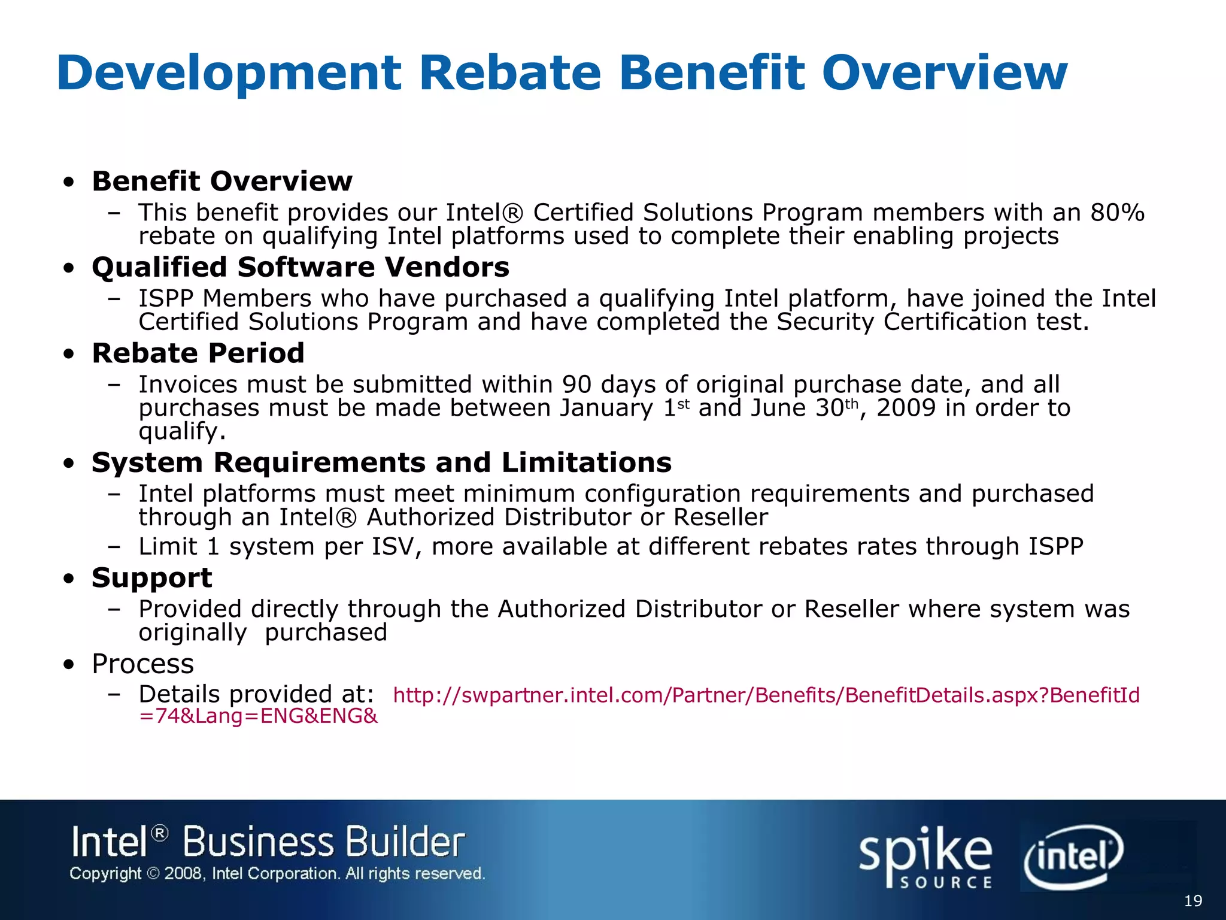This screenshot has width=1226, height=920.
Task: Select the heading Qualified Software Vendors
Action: pyautogui.click(x=301, y=267)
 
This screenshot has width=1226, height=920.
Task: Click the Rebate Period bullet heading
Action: pyautogui.click(x=198, y=353)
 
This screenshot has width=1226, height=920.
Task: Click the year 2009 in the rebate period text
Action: pyautogui.click(x=906, y=408)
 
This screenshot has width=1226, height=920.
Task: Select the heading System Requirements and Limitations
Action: pyautogui.click(x=381, y=462)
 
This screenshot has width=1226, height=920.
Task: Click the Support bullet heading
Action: pyautogui.click(x=152, y=578)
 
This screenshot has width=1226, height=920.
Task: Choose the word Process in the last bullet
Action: pyautogui.click(x=143, y=664)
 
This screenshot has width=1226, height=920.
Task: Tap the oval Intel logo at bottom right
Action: pyautogui.click(x=1073, y=857)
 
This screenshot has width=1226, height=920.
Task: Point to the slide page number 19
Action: pyautogui.click(x=1192, y=901)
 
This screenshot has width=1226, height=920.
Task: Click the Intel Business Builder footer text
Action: pyautogui.click(x=268, y=842)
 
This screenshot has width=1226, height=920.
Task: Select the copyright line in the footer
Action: pyautogui.click(x=277, y=874)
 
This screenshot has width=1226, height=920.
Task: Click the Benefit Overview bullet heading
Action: pyautogui.click(x=222, y=181)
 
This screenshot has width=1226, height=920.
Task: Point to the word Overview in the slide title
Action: pyautogui.click(x=944, y=73)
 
